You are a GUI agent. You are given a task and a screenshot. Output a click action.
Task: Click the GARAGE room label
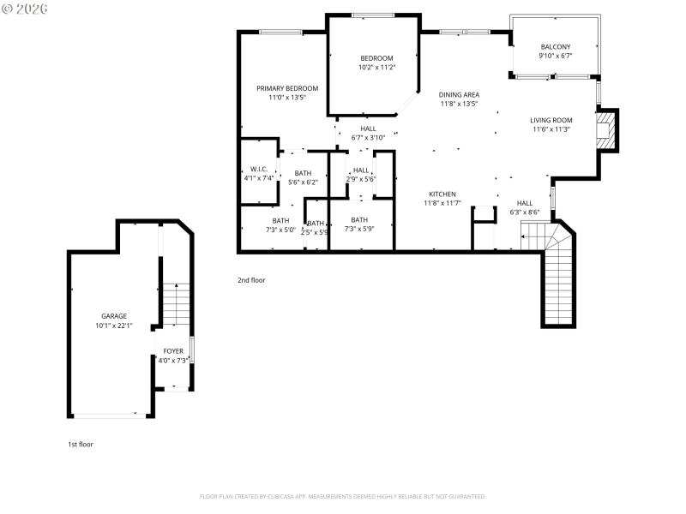pos(113,315)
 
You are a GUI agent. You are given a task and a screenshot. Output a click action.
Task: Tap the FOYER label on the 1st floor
pos(173,350)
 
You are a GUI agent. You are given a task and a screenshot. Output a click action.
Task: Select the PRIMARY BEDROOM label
pos(287,88)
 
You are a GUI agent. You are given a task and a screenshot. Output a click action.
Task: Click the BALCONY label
pos(555,47)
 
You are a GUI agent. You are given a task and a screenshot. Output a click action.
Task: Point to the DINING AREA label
pos(459,94)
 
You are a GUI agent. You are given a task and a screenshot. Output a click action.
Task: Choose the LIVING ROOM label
pos(551,120)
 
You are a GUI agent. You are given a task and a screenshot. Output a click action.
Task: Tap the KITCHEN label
pos(442,194)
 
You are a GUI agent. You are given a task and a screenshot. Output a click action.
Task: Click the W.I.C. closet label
pos(259,169)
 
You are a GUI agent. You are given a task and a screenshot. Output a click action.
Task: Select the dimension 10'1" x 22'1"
pos(113,326)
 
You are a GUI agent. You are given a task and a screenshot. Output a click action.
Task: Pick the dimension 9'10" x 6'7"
pos(555,57)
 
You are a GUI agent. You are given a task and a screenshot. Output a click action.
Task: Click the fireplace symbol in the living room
pos(607,129)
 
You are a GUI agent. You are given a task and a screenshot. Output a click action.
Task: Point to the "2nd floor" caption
pos(251,279)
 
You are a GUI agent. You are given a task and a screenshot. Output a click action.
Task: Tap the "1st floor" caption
pos(81,444)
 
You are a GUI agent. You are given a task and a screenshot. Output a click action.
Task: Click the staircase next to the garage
pos(176,304)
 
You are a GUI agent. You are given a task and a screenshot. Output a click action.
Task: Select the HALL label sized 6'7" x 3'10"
pos(368,128)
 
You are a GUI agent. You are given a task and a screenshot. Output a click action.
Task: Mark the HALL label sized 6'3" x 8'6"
pos(524,203)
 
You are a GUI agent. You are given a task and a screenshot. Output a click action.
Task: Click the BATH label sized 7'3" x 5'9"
pos(359,219)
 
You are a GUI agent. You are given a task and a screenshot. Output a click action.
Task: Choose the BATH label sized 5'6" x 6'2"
pos(302,173)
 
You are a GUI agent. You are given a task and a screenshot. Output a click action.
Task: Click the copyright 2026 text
pos(25,8)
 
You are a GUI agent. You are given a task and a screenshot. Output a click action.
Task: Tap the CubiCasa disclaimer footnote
pos(343,496)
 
